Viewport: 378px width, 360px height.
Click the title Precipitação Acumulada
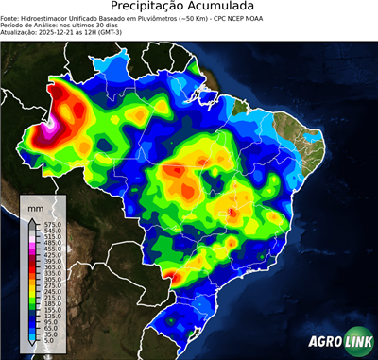click(x=189, y=6)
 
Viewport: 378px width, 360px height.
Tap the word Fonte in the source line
click(x=10, y=16)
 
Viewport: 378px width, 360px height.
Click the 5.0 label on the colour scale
click(x=47, y=342)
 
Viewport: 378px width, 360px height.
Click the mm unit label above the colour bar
click(x=35, y=205)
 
